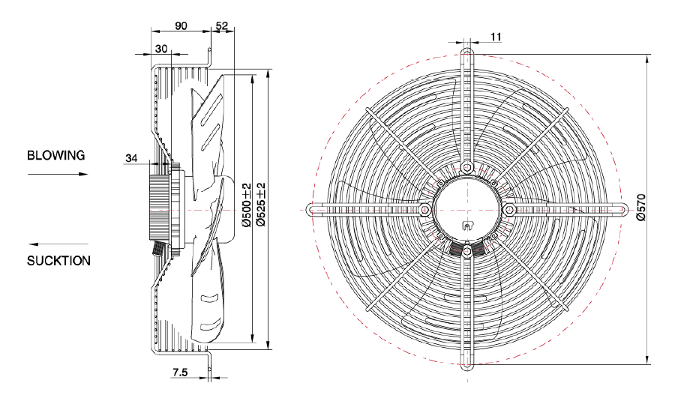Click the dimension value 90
point(181,25)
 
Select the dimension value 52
point(221,25)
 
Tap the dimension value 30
point(161,48)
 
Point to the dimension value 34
point(131,157)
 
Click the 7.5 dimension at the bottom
point(180,372)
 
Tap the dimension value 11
point(496,36)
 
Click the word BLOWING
point(56,156)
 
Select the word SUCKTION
point(58,262)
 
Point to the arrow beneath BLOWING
point(58,174)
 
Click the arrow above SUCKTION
point(58,244)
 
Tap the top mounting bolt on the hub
point(467,166)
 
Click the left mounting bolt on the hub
point(424,209)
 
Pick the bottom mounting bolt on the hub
point(467,252)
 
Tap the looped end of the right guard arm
point(622,209)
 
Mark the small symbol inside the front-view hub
point(466,226)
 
